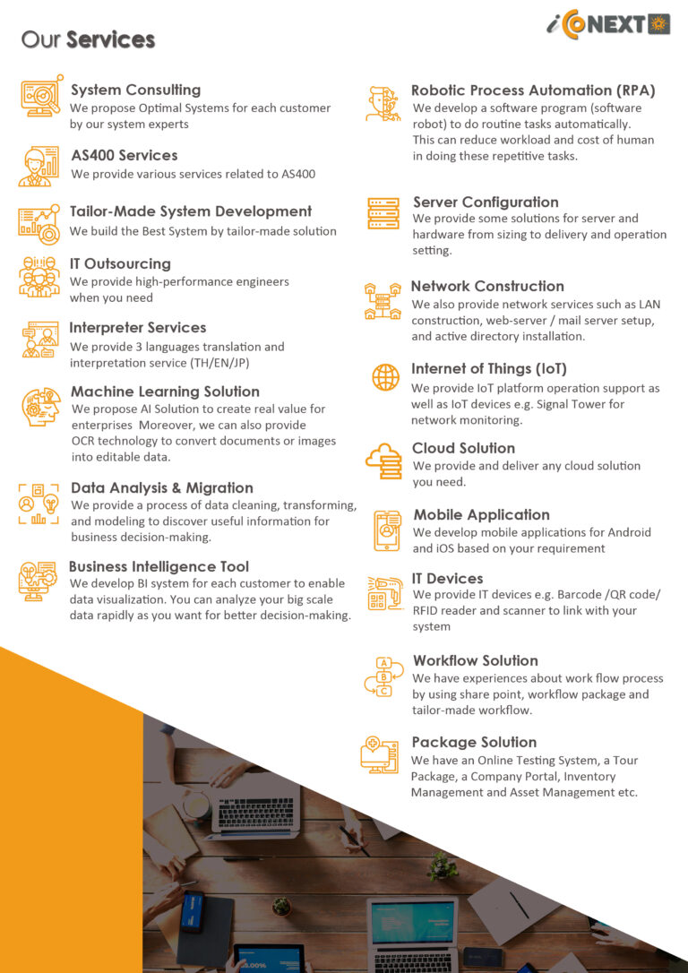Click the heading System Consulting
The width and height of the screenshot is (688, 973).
pos(135,90)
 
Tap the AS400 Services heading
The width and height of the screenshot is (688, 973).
pos(125,155)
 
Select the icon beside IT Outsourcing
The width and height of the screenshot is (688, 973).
pos(39,276)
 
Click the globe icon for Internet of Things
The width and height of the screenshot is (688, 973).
pos(385,377)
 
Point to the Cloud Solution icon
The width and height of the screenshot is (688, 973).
pos(383,461)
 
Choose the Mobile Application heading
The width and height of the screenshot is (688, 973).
pos(481,514)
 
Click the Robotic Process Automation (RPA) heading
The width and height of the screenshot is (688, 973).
pos(533,90)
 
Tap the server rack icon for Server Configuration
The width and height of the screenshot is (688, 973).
pos(383,213)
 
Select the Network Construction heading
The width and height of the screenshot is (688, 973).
pos(487,286)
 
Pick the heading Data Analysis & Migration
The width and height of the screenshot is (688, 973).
pos(162,487)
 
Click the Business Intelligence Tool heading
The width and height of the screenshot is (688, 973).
pos(159,566)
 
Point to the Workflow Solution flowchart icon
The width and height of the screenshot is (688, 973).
pos(383,676)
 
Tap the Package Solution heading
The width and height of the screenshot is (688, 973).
pos(474,742)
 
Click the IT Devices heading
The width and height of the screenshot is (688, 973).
pos(447,579)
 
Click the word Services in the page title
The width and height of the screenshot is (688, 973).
pos(110,39)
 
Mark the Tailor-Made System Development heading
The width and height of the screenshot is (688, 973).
pos(191,211)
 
